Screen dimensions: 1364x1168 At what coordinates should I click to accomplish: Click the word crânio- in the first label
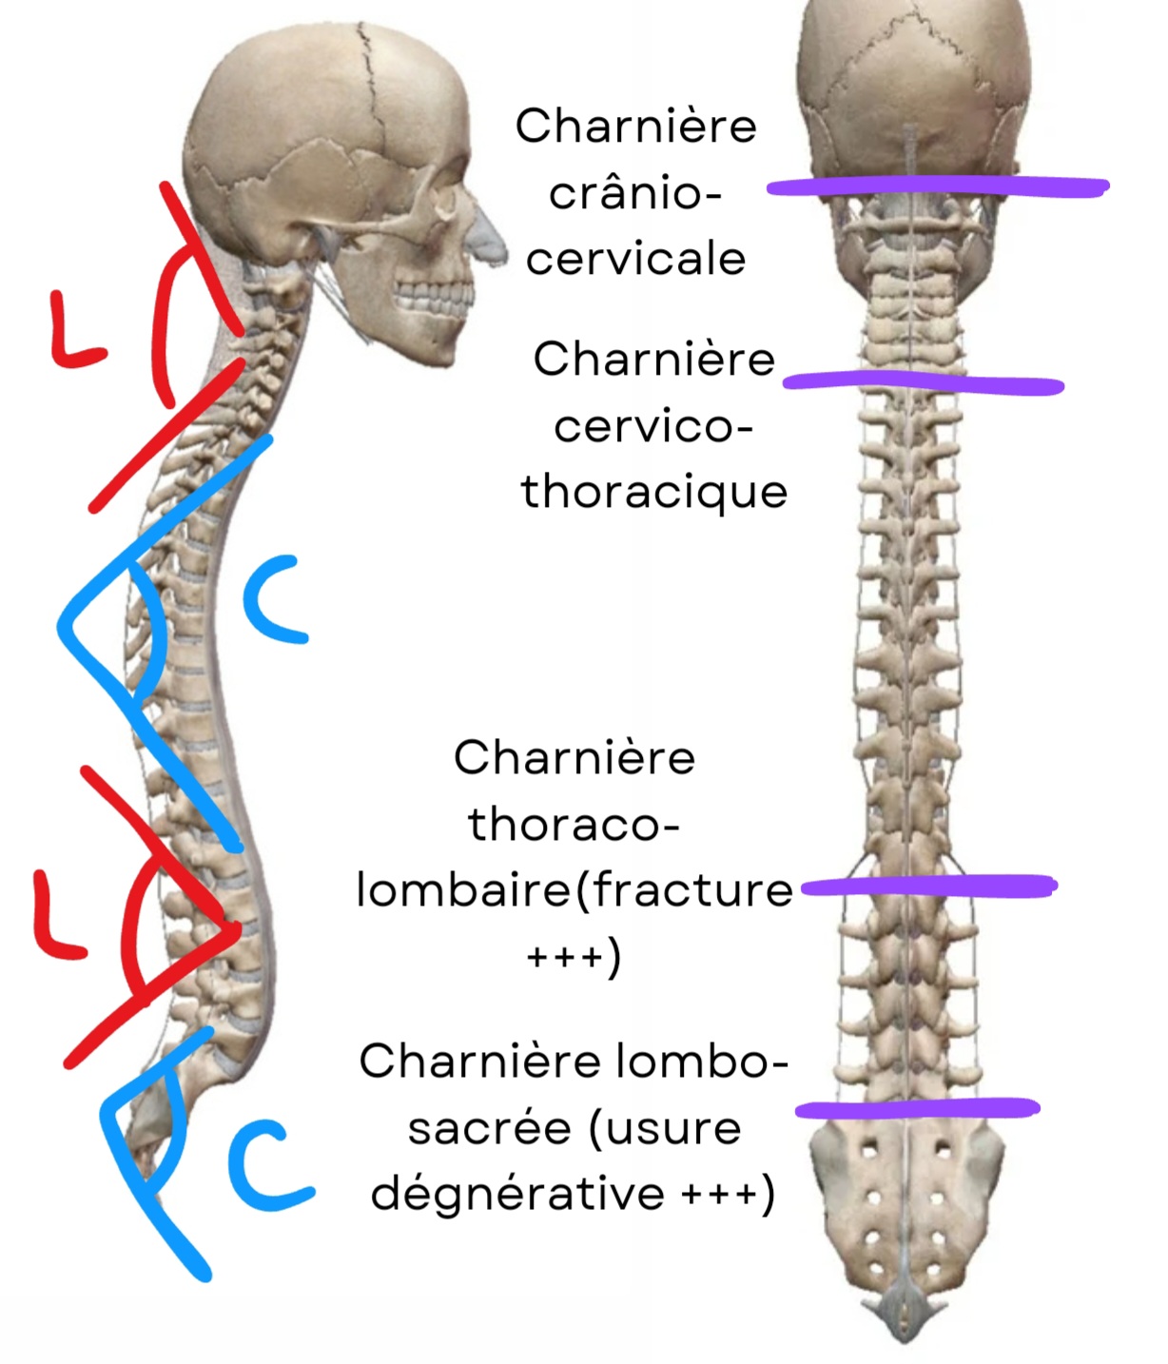pos(634,194)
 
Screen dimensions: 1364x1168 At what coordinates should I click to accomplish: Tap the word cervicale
pos(635,259)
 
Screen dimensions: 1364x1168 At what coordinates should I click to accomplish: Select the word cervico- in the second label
pos(653,426)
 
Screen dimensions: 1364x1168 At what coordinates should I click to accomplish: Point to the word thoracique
pos(654,493)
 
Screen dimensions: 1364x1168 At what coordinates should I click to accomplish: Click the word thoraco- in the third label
pos(574,824)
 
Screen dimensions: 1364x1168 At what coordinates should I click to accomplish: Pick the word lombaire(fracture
pos(574,890)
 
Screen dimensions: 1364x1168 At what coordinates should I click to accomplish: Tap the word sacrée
pos(490,1128)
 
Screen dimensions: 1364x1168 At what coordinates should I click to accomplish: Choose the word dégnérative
pos(517,1194)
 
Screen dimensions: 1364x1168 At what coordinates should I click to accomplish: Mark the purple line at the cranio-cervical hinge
pos(937,186)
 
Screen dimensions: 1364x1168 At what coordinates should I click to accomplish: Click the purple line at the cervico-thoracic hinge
pos(923,383)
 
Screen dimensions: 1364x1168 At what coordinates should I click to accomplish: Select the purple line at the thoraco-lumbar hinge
pos(929,887)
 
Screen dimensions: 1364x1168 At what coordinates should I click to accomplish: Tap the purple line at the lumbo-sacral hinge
pos(917,1108)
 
